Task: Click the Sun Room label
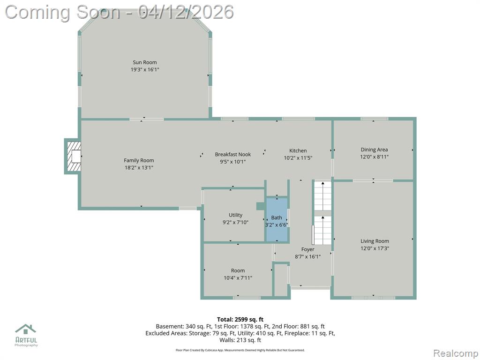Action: pyautogui.click(x=144, y=62)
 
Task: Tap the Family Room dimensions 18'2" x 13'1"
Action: pyautogui.click(x=139, y=167)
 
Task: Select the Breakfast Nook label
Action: pyautogui.click(x=232, y=154)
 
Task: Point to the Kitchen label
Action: pyautogui.click(x=298, y=150)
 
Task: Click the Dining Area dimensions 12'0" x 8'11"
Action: pyautogui.click(x=374, y=157)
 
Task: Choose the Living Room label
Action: pyautogui.click(x=375, y=241)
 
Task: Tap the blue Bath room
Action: pyautogui.click(x=277, y=219)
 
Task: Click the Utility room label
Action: pyautogui.click(x=235, y=215)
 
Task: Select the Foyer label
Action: pyautogui.click(x=307, y=249)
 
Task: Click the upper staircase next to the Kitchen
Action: pyautogui.click(x=322, y=196)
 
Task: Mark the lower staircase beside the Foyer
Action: pyautogui.click(x=322, y=230)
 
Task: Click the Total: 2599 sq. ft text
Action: pyautogui.click(x=240, y=320)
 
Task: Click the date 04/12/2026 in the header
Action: pyautogui.click(x=186, y=12)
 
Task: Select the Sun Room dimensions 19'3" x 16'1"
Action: pyautogui.click(x=145, y=69)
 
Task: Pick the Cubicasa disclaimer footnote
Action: pyautogui.click(x=240, y=350)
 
